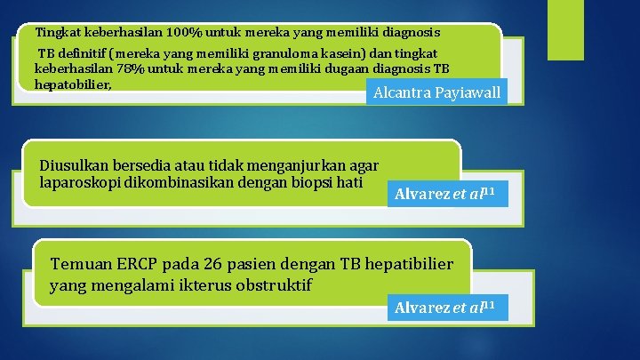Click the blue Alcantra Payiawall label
point(436,92)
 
